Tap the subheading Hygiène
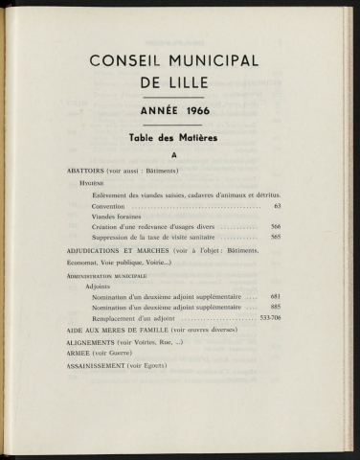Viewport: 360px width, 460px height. pyautogui.click(x=93, y=182)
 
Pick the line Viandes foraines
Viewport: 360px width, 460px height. pyautogui.click(x=121, y=219)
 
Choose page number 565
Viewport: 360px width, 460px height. pyautogui.click(x=276, y=236)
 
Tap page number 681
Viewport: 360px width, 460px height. pyautogui.click(x=275, y=297)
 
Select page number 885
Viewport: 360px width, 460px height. pyautogui.click(x=275, y=307)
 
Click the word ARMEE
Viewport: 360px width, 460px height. pyautogui.click(x=81, y=352)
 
